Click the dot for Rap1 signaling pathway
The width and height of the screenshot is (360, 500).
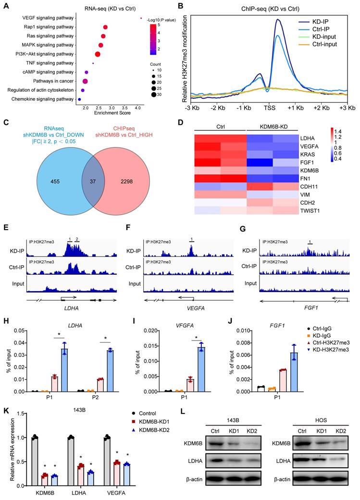(105, 27)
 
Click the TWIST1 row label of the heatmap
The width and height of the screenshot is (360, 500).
(306, 210)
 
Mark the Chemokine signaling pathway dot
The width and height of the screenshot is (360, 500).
(79, 99)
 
